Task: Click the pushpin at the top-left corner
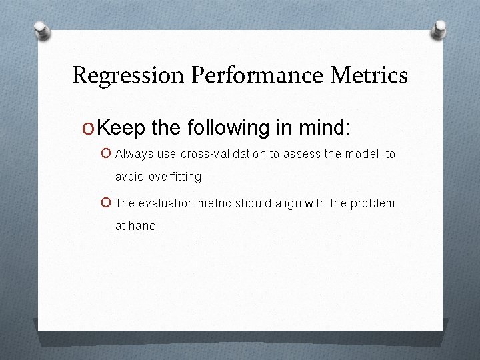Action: click(x=41, y=30)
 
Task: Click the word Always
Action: click(x=135, y=155)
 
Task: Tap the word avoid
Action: click(x=129, y=177)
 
